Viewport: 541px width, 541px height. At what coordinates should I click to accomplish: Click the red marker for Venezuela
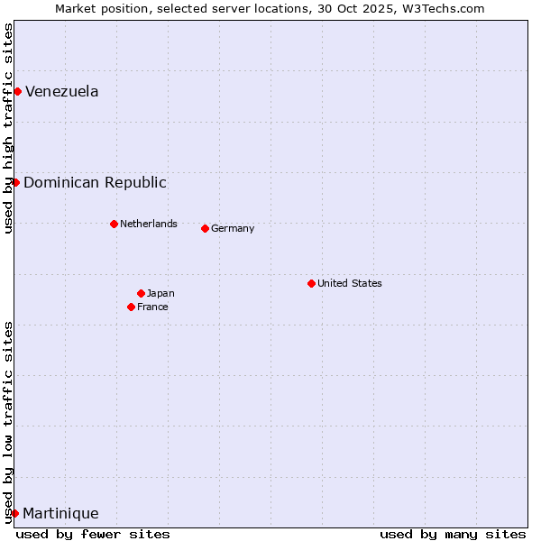point(17,91)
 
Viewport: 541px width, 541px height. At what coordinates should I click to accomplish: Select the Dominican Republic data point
point(15,182)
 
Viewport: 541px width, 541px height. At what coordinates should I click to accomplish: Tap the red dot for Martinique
point(14,513)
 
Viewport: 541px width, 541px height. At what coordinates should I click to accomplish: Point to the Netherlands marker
point(114,224)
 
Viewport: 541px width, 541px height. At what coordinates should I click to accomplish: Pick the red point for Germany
point(205,228)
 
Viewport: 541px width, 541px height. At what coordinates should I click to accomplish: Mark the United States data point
point(311,283)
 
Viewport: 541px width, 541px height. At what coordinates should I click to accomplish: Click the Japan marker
point(141,293)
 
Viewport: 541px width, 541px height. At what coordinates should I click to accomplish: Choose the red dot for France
point(131,307)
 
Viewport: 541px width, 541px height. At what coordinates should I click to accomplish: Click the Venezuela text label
point(62,91)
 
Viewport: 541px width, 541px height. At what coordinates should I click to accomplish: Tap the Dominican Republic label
point(95,182)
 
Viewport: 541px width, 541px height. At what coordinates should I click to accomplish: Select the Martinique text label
point(60,513)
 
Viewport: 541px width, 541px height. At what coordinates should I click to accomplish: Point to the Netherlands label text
point(149,224)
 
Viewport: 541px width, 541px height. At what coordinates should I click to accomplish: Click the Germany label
point(233,228)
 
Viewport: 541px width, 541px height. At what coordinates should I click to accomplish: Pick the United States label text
point(350,283)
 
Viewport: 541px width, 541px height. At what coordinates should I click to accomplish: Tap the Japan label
point(160,293)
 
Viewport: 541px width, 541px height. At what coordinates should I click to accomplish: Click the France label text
point(152,307)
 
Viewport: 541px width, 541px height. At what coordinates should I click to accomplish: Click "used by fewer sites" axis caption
point(93,534)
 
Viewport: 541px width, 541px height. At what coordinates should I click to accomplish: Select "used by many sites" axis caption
point(453,534)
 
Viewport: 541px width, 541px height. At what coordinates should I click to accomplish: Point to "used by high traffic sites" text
point(8,128)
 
